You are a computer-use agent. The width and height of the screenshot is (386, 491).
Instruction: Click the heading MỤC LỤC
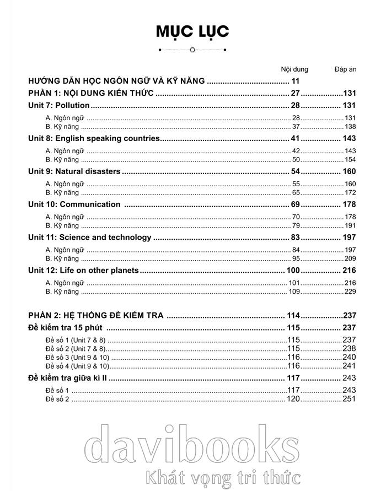click(x=192, y=31)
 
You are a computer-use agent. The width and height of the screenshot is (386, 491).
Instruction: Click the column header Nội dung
click(x=294, y=69)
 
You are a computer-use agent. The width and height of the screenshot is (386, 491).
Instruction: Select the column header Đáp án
click(x=346, y=69)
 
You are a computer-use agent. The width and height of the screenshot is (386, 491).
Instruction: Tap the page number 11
click(x=295, y=82)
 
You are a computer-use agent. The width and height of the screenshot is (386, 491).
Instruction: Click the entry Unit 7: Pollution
click(x=59, y=105)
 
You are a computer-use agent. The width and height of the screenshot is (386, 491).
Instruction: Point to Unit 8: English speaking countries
click(x=94, y=138)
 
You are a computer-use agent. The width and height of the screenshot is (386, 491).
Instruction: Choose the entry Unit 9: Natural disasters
click(x=74, y=171)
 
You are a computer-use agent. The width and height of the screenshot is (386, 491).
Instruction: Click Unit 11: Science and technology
click(x=89, y=238)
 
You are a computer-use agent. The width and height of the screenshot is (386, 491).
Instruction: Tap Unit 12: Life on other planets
click(x=83, y=271)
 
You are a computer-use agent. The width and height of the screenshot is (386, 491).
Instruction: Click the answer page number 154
click(x=350, y=160)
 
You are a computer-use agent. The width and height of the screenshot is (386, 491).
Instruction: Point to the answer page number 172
click(x=350, y=193)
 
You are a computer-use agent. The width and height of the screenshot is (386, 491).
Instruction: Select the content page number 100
click(x=293, y=271)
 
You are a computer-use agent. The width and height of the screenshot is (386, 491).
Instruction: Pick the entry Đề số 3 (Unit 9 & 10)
click(x=78, y=357)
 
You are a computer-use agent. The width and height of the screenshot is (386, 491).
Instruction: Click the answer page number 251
click(x=350, y=399)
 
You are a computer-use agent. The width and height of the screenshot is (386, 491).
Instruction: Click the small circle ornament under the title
click(x=192, y=50)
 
